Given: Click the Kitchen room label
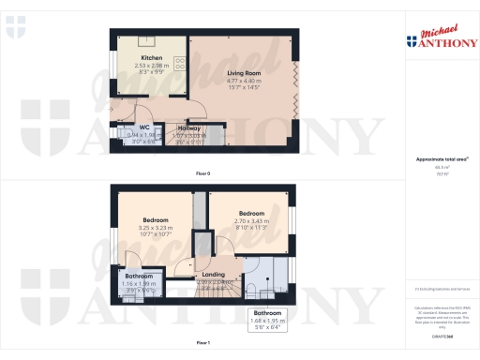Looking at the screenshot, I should click(151, 57).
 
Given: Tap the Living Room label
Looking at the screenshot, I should click(243, 72).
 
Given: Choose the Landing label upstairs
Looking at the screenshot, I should click(215, 276).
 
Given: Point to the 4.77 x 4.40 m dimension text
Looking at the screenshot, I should click(243, 81).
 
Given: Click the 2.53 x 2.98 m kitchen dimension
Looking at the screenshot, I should click(151, 66).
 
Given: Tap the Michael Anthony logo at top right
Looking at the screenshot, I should click(440, 37).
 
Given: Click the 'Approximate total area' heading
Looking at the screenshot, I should click(440, 158).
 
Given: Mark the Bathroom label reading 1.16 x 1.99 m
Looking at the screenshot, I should click(139, 277).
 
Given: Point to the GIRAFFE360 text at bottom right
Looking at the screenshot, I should click(440, 335).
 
